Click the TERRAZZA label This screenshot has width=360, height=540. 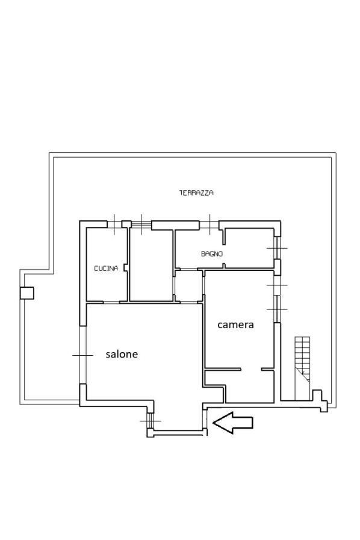(x=196, y=193)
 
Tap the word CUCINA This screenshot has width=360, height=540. (x=106, y=268)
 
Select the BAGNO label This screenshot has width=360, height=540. (x=212, y=254)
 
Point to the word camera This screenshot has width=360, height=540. (x=235, y=324)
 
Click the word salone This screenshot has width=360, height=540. (x=122, y=354)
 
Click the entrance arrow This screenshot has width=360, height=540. (x=233, y=422)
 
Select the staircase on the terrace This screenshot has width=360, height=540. (x=302, y=368)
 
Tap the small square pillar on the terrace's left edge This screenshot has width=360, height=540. (x=27, y=293)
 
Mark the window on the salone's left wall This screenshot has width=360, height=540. (x=82, y=355)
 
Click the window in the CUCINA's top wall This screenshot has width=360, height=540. (x=114, y=224)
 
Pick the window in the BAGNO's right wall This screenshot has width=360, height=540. (x=278, y=248)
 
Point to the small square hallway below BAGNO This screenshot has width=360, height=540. (x=188, y=286)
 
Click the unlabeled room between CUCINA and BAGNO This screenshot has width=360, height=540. (x=151, y=264)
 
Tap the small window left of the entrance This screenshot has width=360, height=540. (x=151, y=420)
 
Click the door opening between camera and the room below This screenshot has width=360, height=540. (x=251, y=370)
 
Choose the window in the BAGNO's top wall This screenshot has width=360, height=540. (x=209, y=224)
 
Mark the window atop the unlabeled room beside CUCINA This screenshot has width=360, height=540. (x=141, y=224)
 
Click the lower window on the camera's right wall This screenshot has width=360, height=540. (x=278, y=309)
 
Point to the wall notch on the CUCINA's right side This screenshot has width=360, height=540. (x=126, y=267)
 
